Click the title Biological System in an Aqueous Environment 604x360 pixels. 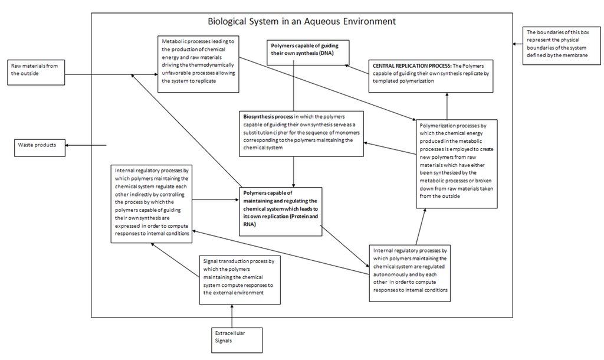coord(301,21)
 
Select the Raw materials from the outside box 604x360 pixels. coord(36,72)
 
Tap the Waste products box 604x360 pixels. coord(40,148)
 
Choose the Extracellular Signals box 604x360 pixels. coord(237,341)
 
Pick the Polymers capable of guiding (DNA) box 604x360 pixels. coord(308,53)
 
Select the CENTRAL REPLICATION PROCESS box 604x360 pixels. coord(431,76)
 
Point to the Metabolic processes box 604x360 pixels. coord(198,64)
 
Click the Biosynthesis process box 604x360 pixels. coord(301,134)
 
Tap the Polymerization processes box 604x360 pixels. coord(457,164)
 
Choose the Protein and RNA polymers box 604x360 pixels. coord(280,211)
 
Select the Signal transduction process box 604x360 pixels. coord(239,280)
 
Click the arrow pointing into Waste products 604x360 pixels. coord(86,145)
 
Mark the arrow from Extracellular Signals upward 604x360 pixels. coord(232,316)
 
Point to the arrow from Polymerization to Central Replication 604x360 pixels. coord(447,106)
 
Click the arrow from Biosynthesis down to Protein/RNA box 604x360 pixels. coord(294,172)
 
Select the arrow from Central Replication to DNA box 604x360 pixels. coord(357,69)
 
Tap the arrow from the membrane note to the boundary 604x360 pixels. coord(517,44)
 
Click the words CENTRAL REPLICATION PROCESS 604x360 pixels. coord(412,66)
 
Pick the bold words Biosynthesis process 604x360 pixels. coord(268,116)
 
